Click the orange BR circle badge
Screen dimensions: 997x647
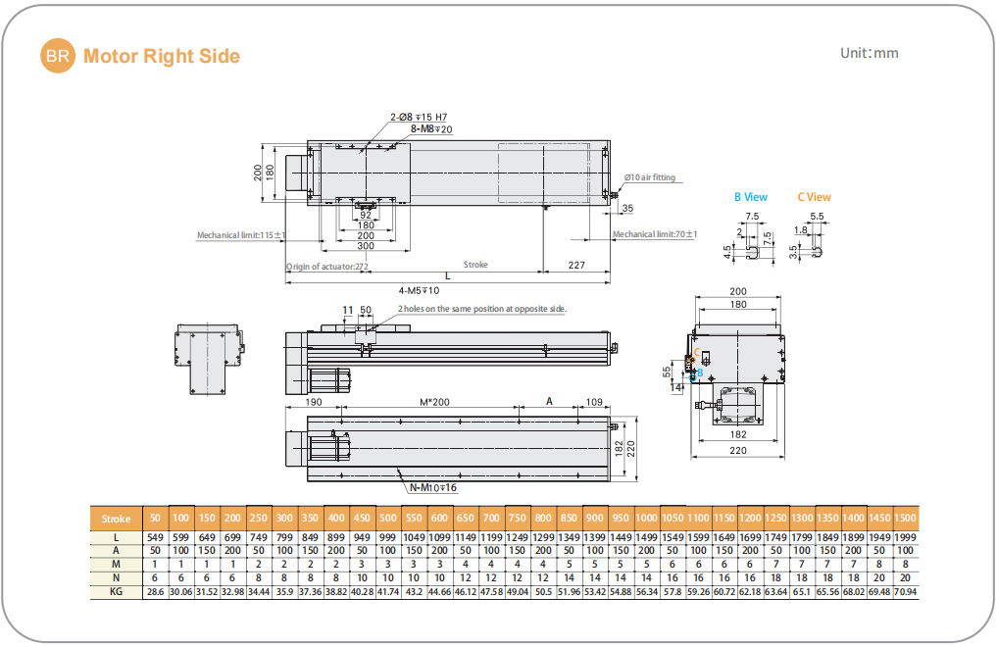(x=57, y=55)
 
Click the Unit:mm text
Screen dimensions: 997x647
(x=870, y=53)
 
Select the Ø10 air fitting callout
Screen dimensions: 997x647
(x=650, y=177)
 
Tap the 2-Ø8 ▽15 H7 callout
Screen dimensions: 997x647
(x=419, y=117)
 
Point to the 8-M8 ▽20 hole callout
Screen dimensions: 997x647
(x=431, y=129)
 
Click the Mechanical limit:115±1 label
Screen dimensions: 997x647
(x=241, y=235)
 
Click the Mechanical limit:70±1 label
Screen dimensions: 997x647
(x=655, y=234)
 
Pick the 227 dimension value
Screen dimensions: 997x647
(x=576, y=265)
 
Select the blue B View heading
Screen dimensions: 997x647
(x=751, y=197)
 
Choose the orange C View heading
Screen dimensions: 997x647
(x=815, y=197)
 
